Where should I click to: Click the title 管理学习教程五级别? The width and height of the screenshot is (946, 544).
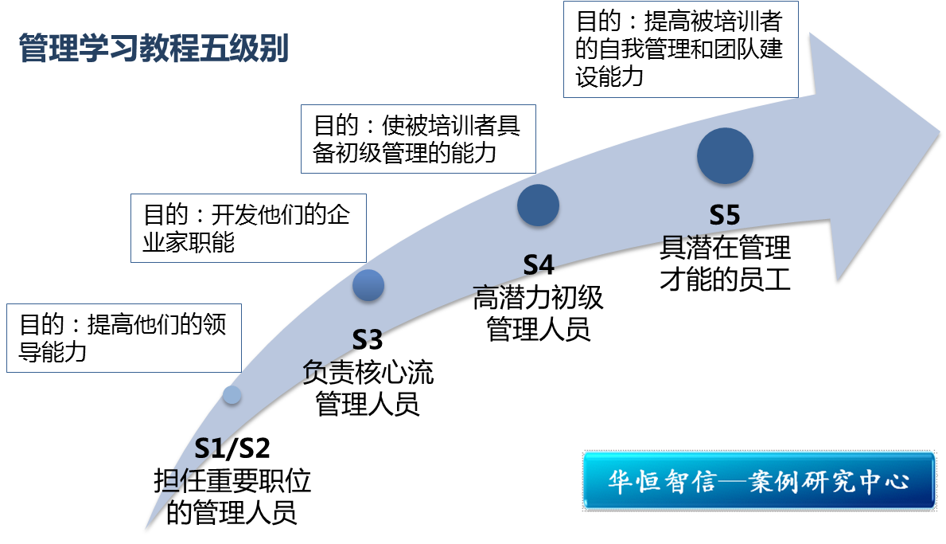tap(153, 49)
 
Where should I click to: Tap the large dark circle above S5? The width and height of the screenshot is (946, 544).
tap(725, 155)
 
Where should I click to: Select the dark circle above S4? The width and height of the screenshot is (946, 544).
tap(538, 205)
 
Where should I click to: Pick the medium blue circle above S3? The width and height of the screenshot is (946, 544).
tap(368, 285)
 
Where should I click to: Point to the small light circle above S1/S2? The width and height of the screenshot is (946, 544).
tap(232, 394)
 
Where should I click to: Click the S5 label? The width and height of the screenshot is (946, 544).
tap(725, 216)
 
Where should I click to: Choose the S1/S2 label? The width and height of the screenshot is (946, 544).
tap(232, 448)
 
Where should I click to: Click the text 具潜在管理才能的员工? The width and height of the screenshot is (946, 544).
tap(725, 263)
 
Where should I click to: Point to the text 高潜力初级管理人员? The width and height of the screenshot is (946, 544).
tap(538, 313)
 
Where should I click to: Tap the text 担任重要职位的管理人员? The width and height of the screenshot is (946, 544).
tap(232, 496)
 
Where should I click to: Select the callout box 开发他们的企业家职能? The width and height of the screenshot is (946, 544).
tap(247, 228)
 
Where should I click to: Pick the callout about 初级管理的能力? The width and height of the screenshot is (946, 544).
tap(418, 139)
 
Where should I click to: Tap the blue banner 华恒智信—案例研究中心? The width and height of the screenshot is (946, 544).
tap(758, 480)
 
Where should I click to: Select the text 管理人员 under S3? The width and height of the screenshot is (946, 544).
tap(368, 404)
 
